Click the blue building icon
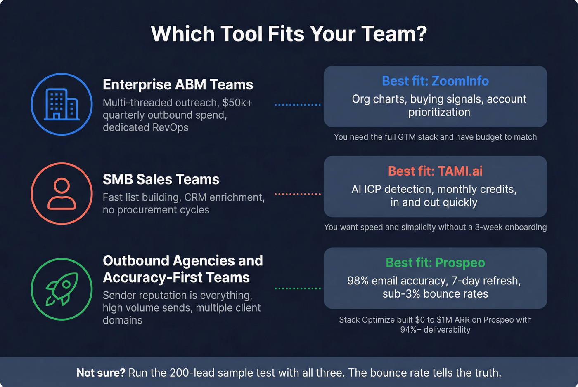tap(62, 104)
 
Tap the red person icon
tap(62, 193)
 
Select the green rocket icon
tap(62, 289)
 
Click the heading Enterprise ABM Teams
tap(178, 84)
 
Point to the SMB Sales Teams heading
tap(161, 179)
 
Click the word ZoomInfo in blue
tap(460, 81)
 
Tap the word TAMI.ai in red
tap(460, 171)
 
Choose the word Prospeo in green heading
tap(460, 263)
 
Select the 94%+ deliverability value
tap(435, 330)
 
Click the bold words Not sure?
tap(101, 373)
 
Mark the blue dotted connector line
tap(297, 105)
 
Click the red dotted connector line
tap(297, 194)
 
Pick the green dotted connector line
tap(297, 288)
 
